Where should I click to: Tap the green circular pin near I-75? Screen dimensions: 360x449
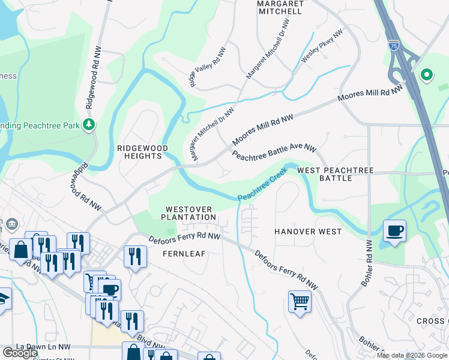pyautogui.click(x=427, y=75)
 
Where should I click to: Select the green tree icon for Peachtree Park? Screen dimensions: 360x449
pyautogui.click(x=89, y=124)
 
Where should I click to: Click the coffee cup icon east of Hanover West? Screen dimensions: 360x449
pyautogui.click(x=394, y=232)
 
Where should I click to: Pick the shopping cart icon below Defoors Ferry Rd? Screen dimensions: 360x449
pyautogui.click(x=300, y=301)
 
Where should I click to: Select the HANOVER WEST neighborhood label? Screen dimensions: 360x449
pyautogui.click(x=308, y=232)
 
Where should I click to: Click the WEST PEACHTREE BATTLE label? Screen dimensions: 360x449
pyautogui.click(x=336, y=175)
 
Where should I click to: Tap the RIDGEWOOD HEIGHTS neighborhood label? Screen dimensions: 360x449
pyautogui.click(x=140, y=152)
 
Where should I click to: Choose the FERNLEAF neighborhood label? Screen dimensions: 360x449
pyautogui.click(x=184, y=254)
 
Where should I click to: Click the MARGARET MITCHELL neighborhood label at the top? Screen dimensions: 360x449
pyautogui.click(x=279, y=7)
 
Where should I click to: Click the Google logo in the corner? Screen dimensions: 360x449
pyautogui.click(x=20, y=353)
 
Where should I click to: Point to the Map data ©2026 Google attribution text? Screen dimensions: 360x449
pyautogui.click(x=412, y=355)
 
